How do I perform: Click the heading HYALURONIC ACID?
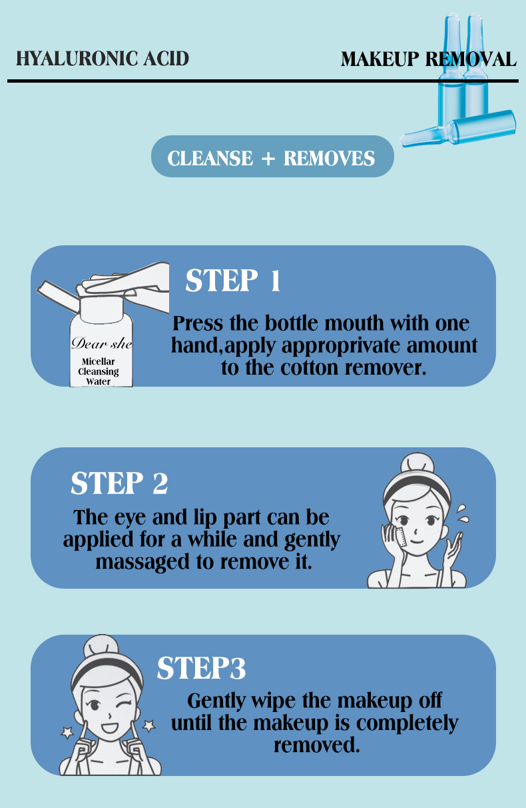tap(103, 59)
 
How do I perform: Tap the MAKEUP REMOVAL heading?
tap(429, 59)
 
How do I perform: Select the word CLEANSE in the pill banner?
tap(210, 158)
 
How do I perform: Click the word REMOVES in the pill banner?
tap(329, 158)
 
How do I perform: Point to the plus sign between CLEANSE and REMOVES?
tap(268, 159)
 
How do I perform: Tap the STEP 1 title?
tap(232, 280)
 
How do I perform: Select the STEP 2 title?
tap(119, 483)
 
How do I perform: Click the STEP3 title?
tap(201, 668)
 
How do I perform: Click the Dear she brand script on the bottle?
tap(102, 343)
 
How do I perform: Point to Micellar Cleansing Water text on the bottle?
tap(99, 371)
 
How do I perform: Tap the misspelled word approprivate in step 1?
tap(340, 346)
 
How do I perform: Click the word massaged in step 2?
tap(142, 562)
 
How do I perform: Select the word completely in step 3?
tap(407, 723)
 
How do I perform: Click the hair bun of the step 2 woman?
tap(417, 463)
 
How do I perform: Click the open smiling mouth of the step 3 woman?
tap(109, 726)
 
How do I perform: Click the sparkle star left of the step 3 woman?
tap(67, 733)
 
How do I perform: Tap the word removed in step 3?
tap(317, 745)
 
